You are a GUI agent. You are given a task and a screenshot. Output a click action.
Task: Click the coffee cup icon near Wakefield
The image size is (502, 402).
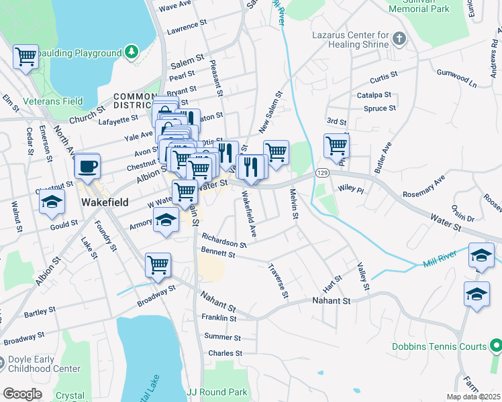[87, 165]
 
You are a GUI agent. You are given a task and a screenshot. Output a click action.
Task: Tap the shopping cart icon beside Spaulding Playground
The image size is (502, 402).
[26, 56]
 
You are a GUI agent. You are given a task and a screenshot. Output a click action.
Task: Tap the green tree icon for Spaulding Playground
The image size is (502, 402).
[133, 51]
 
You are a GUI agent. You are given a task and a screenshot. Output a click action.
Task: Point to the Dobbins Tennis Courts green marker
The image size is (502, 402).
[495, 346]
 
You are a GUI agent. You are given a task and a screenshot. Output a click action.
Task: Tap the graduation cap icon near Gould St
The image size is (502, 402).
[52, 202]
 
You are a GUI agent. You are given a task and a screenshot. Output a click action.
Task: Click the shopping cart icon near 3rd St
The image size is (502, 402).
[336, 144]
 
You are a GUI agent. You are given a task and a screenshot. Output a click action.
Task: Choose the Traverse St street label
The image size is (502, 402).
[279, 280]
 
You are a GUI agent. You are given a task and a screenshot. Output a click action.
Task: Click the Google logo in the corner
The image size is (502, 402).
[21, 393]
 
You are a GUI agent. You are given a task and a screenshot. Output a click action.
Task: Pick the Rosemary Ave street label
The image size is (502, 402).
[423, 188]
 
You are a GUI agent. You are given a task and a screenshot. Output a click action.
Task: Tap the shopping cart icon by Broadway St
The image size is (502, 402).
[158, 265]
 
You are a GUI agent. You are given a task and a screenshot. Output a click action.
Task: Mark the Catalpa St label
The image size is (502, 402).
[373, 96]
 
